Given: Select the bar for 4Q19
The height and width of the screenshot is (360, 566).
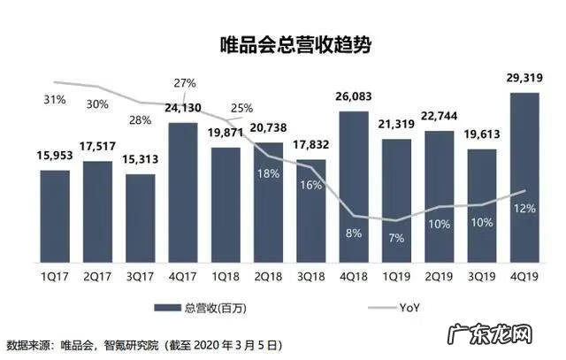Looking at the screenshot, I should click(x=525, y=177).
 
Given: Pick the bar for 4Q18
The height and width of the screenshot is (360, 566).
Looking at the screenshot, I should click(x=354, y=186).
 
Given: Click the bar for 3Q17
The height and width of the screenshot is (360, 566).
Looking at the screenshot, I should click(x=140, y=218).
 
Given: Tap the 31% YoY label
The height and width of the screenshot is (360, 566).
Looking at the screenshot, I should click(x=54, y=99).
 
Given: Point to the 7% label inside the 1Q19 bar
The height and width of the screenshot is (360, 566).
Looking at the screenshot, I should click(x=396, y=237).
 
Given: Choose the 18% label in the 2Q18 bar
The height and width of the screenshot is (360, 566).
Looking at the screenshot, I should click(x=269, y=173).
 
